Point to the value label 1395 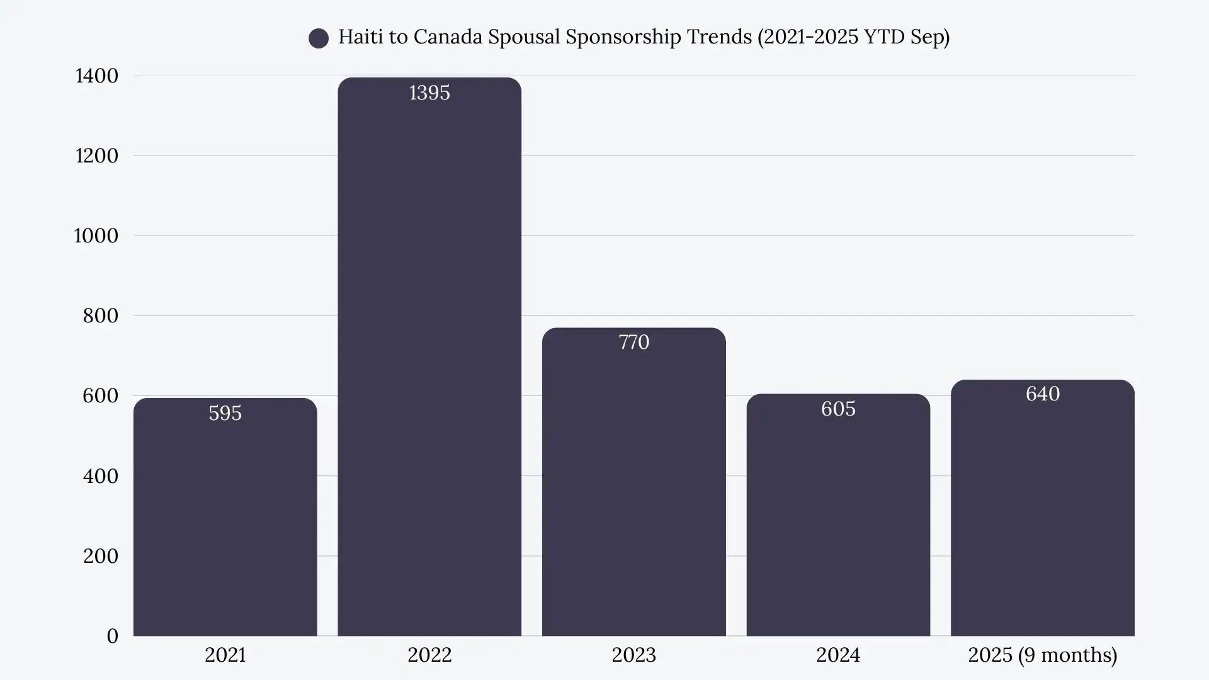[x=429, y=93]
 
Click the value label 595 [x=225, y=413]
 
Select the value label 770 [x=633, y=342]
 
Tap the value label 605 [x=838, y=409]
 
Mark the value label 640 [x=1042, y=394]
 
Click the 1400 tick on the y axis [x=96, y=76]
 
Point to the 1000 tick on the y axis [x=96, y=235]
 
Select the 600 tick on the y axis [x=100, y=395]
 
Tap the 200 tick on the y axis [x=100, y=556]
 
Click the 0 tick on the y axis [x=112, y=636]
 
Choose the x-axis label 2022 [x=429, y=655]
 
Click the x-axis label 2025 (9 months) [x=1042, y=655]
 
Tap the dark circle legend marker [x=319, y=38]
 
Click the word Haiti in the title [x=360, y=37]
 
